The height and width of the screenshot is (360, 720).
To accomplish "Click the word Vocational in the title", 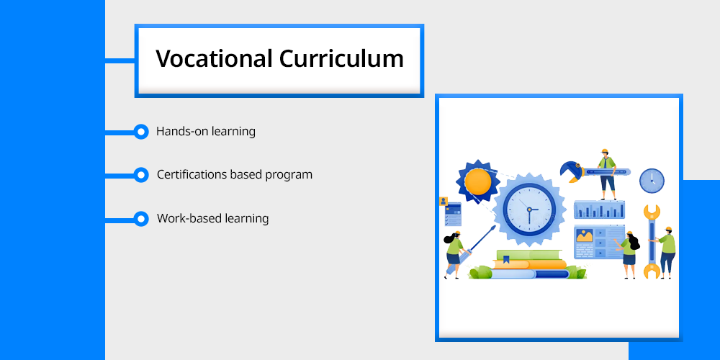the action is click(x=214, y=59).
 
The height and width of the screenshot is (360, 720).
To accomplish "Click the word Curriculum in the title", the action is click(x=341, y=59).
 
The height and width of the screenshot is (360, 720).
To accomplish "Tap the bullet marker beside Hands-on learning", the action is click(x=141, y=132).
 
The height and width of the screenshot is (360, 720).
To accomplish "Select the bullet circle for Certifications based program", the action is click(x=141, y=175).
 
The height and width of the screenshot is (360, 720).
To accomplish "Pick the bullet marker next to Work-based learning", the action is click(x=141, y=219).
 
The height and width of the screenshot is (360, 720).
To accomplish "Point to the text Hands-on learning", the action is click(x=206, y=132).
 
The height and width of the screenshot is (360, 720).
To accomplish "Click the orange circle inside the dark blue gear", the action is click(x=477, y=181).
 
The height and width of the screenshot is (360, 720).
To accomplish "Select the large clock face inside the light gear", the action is click(x=529, y=210).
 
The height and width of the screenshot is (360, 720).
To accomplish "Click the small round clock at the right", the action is click(x=652, y=181).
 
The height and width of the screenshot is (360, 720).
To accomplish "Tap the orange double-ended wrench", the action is click(x=652, y=242).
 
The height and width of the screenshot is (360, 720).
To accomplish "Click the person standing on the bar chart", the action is click(x=607, y=174).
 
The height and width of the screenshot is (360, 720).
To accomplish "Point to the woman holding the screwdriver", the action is click(x=453, y=255).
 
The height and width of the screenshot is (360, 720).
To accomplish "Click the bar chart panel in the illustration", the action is click(x=599, y=210).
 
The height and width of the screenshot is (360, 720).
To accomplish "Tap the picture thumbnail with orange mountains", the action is click(x=585, y=236).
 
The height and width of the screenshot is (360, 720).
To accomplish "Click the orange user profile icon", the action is click(x=444, y=201).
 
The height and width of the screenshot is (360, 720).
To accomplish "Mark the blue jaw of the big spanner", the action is click(x=572, y=171).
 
